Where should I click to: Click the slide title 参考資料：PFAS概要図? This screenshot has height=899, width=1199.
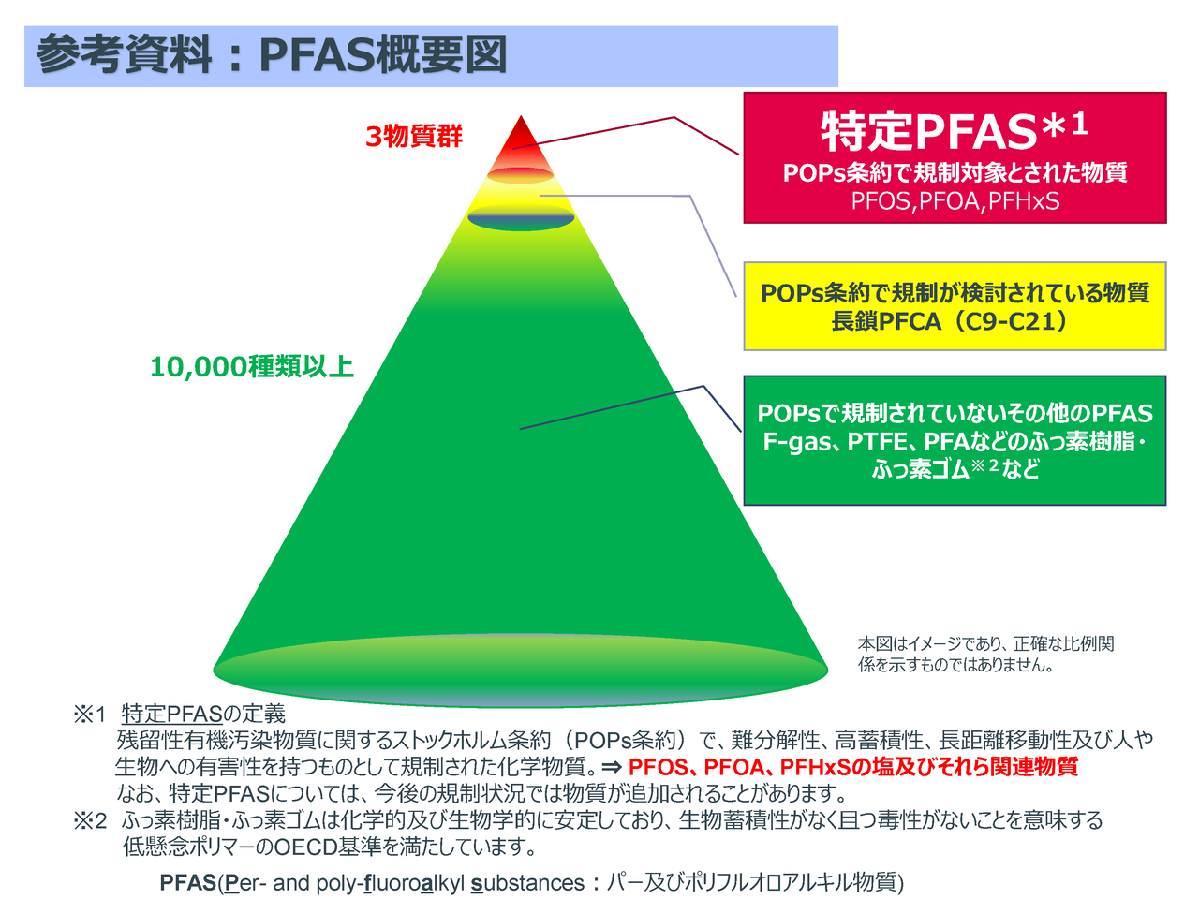click(x=272, y=54)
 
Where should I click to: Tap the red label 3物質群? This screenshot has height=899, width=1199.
click(x=413, y=137)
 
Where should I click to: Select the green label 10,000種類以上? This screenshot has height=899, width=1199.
click(x=252, y=367)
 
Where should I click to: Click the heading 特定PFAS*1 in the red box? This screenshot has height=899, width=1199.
click(x=955, y=130)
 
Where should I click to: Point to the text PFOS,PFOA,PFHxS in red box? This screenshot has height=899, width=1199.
click(x=955, y=201)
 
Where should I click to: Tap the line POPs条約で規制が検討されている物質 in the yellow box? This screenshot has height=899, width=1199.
click(x=955, y=293)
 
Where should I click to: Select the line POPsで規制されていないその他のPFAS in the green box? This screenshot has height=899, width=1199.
click(x=955, y=413)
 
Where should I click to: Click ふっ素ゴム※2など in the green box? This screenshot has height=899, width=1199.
click(x=955, y=468)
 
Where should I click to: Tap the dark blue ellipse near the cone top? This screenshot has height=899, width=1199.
click(x=521, y=217)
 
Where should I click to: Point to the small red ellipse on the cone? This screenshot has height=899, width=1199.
click(x=520, y=175)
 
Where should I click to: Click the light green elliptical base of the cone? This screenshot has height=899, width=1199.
click(x=520, y=671)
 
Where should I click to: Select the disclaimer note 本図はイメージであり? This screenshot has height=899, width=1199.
click(x=985, y=655)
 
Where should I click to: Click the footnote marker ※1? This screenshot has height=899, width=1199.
click(x=90, y=714)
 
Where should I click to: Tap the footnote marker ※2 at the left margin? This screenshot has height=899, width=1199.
click(x=90, y=820)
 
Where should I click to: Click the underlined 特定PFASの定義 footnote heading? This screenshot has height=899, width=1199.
click(x=203, y=714)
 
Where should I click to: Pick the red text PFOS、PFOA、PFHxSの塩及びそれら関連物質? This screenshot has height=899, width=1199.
click(x=853, y=767)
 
